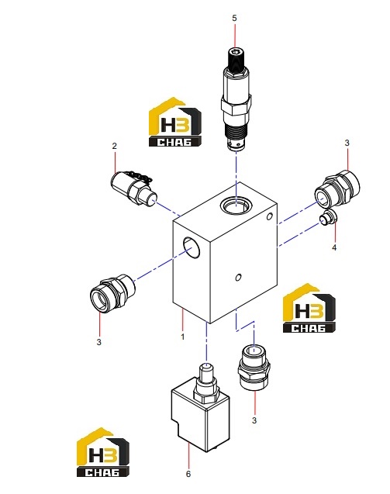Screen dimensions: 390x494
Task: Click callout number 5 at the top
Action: pos(234,19)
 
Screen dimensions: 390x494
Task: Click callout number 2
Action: pos(114,146)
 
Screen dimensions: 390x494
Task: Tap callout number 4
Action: pos(334,247)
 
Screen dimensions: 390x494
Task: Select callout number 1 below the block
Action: pos(183,337)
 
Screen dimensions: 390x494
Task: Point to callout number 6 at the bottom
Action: pos(188,474)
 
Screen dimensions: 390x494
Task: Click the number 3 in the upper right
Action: pos(347,143)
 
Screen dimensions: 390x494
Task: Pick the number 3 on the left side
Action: pos(99,342)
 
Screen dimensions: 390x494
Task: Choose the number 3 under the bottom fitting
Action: pos(254,420)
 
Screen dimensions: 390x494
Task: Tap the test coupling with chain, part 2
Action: pos(133,188)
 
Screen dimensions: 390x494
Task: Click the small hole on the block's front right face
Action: pos(239,278)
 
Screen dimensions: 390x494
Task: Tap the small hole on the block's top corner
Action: pos(269,216)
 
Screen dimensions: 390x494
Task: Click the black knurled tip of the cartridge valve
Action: pos(234,60)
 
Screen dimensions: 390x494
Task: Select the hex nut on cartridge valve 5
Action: pos(236,105)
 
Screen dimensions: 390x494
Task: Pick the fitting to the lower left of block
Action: pos(112,293)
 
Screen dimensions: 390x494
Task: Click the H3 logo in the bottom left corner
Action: pos(103,452)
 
